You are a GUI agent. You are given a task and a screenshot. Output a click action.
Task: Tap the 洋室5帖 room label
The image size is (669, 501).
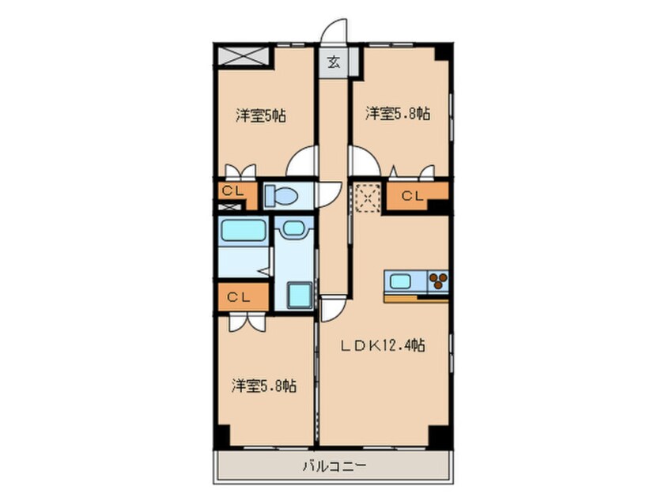tap(260, 115)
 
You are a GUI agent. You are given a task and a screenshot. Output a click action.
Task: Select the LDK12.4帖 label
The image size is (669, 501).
tap(383, 345)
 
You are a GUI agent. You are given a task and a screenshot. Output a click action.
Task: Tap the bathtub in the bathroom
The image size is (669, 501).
tap(243, 232)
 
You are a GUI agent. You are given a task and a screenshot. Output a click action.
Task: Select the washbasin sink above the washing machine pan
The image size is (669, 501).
tap(294, 230)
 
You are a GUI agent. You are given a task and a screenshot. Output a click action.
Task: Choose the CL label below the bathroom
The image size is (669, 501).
tap(239, 297)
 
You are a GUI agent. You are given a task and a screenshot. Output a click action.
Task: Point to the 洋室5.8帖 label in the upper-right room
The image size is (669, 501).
tap(398, 114)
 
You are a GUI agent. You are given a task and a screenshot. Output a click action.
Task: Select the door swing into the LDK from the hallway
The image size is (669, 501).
tap(334, 308)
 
